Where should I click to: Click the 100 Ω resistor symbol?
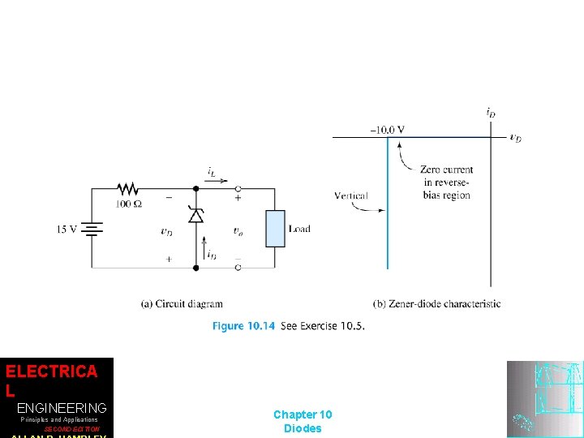pyautogui.click(x=128, y=188)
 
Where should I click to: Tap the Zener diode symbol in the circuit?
pyautogui.click(x=195, y=214)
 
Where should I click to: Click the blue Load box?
pyautogui.click(x=276, y=229)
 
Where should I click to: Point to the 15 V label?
pyautogui.click(x=67, y=230)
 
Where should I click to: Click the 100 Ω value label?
pyautogui.click(x=128, y=204)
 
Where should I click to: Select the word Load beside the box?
pyautogui.click(x=299, y=230)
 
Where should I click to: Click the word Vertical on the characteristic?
pyautogui.click(x=350, y=195)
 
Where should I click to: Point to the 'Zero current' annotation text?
pyautogui.click(x=446, y=170)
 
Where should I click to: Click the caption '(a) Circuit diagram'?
pyautogui.click(x=182, y=304)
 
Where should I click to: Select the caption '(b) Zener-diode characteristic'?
pyautogui.click(x=436, y=304)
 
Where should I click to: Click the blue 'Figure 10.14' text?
pyautogui.click(x=243, y=326)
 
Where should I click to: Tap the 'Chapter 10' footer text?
pyautogui.click(x=303, y=414)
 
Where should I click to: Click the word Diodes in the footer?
pyautogui.click(x=303, y=428)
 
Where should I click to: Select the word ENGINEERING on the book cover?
pyautogui.click(x=62, y=407)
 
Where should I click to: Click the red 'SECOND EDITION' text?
pyautogui.click(x=72, y=429)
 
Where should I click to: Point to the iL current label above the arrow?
pyautogui.click(x=211, y=171)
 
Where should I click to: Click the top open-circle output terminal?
pyautogui.click(x=238, y=188)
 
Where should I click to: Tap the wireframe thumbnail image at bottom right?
pyautogui.click(x=544, y=399)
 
